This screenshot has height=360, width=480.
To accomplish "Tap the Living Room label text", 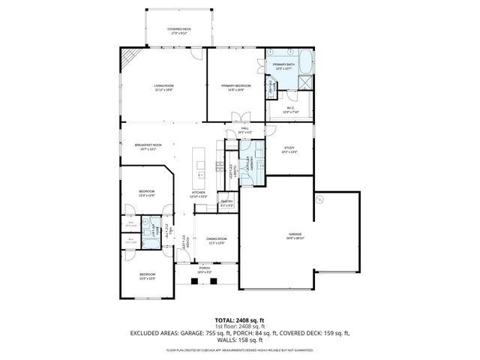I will pos(163,88).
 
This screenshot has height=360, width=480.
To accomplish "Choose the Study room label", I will pos(289,150).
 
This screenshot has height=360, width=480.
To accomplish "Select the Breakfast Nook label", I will pos(148,146).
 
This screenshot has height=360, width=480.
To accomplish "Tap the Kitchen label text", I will pos(199,194).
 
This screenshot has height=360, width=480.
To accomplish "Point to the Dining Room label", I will pos(217,241).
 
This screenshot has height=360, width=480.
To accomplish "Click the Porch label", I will pos(204,268).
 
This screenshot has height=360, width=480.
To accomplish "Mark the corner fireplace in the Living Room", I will pos(130,58).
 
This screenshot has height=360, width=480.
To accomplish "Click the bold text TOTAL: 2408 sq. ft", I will pos(239,320).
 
